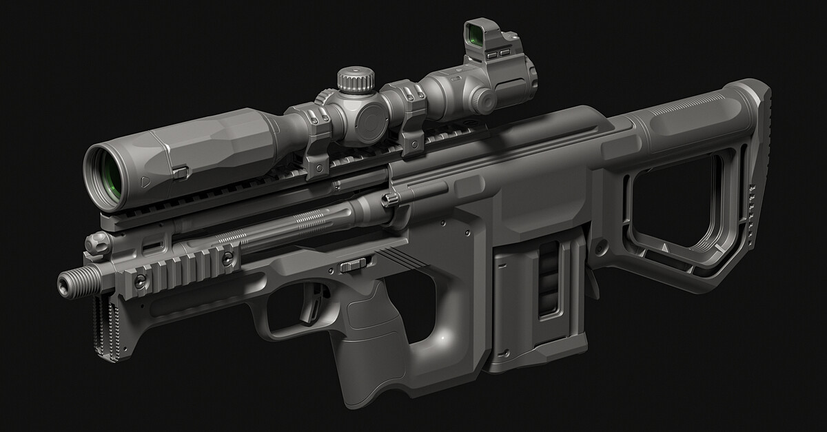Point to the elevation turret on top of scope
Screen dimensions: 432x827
tap(357, 81)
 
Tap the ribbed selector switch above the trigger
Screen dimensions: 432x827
tap(354, 265)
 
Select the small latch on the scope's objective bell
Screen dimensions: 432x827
tap(181, 172)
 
